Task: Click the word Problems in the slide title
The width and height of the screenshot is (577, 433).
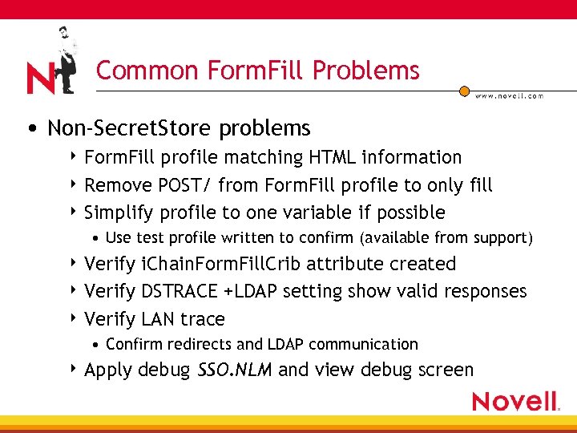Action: tap(366, 71)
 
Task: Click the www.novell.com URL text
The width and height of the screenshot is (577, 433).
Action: tap(509, 95)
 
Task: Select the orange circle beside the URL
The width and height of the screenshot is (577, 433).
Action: tap(464, 91)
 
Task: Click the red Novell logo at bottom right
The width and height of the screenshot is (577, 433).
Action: tap(515, 401)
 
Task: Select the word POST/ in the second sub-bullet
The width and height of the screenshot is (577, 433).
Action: tap(186, 185)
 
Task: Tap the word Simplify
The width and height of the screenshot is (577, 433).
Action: tap(119, 212)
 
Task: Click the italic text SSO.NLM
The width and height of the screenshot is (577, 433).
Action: tap(235, 370)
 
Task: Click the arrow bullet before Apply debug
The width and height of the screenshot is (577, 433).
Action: tap(75, 370)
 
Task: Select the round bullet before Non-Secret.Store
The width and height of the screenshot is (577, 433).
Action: tap(30, 129)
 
